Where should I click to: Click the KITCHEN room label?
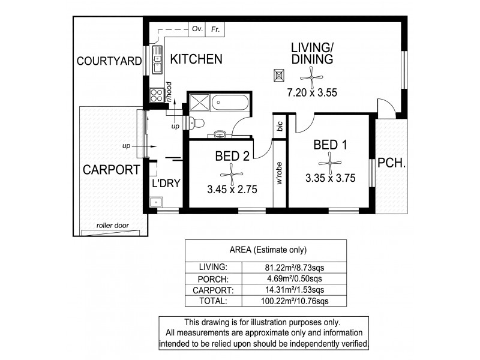click(x=196, y=59)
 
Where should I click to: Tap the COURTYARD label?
click(x=109, y=61)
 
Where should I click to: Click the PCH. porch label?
click(x=392, y=162)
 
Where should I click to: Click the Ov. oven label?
click(x=196, y=28)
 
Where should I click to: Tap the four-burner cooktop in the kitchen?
click(x=157, y=95)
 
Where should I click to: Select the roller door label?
click(x=112, y=226)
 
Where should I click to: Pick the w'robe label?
click(x=280, y=174)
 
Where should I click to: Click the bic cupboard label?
click(x=280, y=126)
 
